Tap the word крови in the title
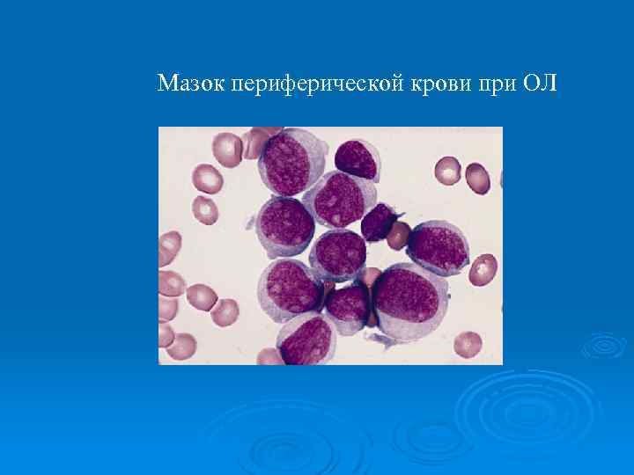coord(442,84)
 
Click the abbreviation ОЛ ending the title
coord(541,84)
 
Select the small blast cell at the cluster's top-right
coord(356,159)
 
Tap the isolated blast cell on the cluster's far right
coord(438,247)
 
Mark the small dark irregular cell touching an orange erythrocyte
coord(380,222)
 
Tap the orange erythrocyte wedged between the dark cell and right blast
coord(399,236)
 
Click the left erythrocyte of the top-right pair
coord(448,170)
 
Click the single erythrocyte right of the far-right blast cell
coord(483,268)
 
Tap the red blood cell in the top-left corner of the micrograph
coord(227,148)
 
